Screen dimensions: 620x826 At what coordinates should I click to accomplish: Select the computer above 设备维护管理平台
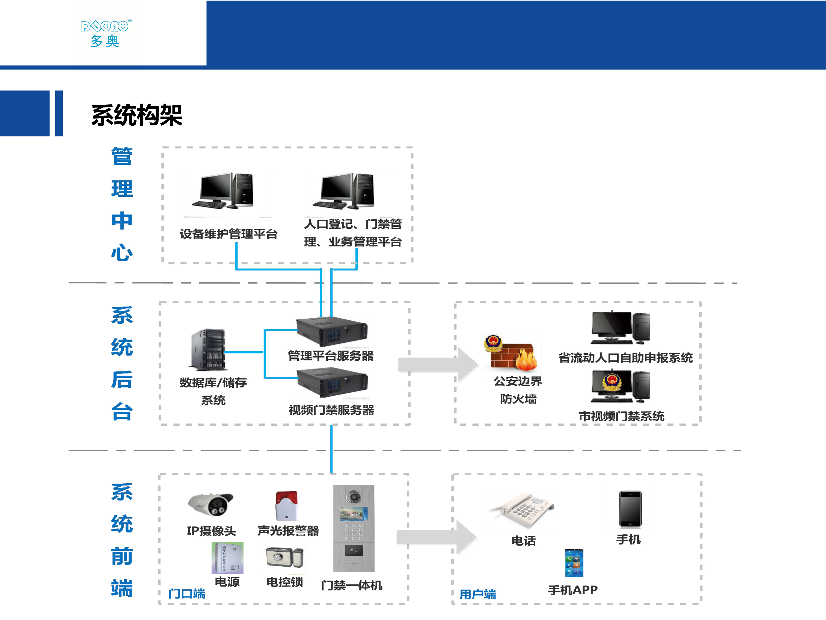click(x=224, y=191)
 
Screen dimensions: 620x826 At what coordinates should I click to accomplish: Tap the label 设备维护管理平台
click(x=229, y=234)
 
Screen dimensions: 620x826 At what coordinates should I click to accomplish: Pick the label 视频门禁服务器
click(x=331, y=410)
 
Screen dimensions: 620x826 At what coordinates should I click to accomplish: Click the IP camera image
click(x=211, y=505)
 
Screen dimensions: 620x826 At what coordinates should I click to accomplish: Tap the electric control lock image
click(x=284, y=557)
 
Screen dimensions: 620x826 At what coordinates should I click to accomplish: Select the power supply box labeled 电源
click(x=227, y=558)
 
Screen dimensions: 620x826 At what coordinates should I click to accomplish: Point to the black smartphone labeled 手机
click(x=630, y=509)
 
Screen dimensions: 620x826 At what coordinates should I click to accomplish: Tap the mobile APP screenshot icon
click(x=574, y=563)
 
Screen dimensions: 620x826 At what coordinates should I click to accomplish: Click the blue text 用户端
click(x=478, y=594)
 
